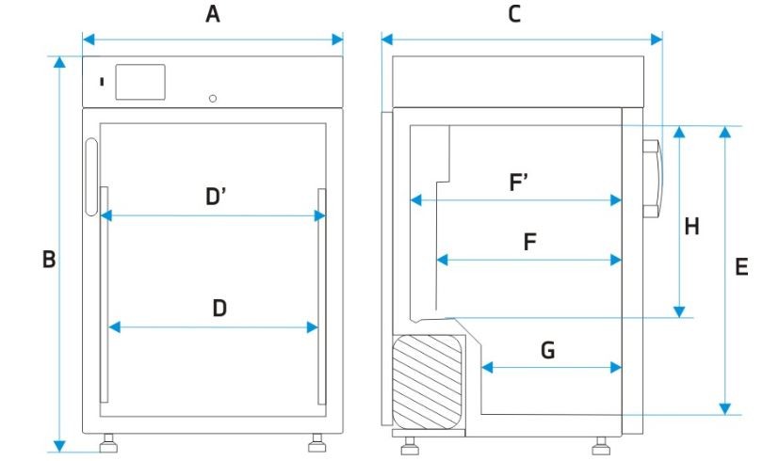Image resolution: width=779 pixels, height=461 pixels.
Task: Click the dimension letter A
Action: tap(213, 14)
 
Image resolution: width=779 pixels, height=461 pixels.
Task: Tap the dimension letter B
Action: tap(49, 259)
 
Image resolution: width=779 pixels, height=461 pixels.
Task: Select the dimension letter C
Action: tap(514, 14)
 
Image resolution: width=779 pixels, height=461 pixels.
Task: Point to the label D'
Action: tap(216, 197)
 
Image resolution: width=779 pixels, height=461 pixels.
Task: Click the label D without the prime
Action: tap(219, 309)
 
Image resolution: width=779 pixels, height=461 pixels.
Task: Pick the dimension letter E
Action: tap(741, 267)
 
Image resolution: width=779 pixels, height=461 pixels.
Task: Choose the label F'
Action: tap(518, 182)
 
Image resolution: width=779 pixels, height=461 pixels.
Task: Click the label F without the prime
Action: tap(530, 242)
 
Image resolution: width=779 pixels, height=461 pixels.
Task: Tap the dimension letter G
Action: tap(547, 350)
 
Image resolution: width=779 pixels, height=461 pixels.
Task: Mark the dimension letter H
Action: tap(691, 227)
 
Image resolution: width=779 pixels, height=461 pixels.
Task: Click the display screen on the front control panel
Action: tap(140, 82)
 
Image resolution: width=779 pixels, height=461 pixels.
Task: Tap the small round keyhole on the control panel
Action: tap(213, 98)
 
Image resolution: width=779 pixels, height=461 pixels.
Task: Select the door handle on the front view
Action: tap(91, 177)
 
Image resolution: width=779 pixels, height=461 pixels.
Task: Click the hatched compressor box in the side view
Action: tap(428, 381)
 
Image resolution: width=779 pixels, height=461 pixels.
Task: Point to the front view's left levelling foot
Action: tap(108, 443)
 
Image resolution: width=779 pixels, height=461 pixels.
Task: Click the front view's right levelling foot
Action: tap(316, 443)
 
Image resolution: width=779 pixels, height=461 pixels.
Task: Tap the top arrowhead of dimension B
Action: tap(59, 62)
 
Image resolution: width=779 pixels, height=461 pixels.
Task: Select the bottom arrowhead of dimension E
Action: tap(725, 409)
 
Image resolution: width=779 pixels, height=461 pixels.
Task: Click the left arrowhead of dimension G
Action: tap(487, 368)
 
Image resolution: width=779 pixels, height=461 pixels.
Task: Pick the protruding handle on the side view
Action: tap(653, 179)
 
